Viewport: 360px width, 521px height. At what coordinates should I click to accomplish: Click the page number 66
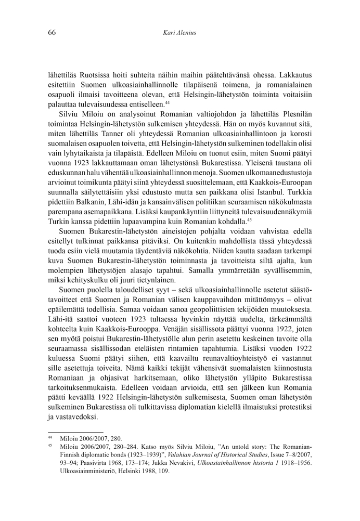52,33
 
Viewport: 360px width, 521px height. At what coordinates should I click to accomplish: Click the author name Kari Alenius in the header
179,33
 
